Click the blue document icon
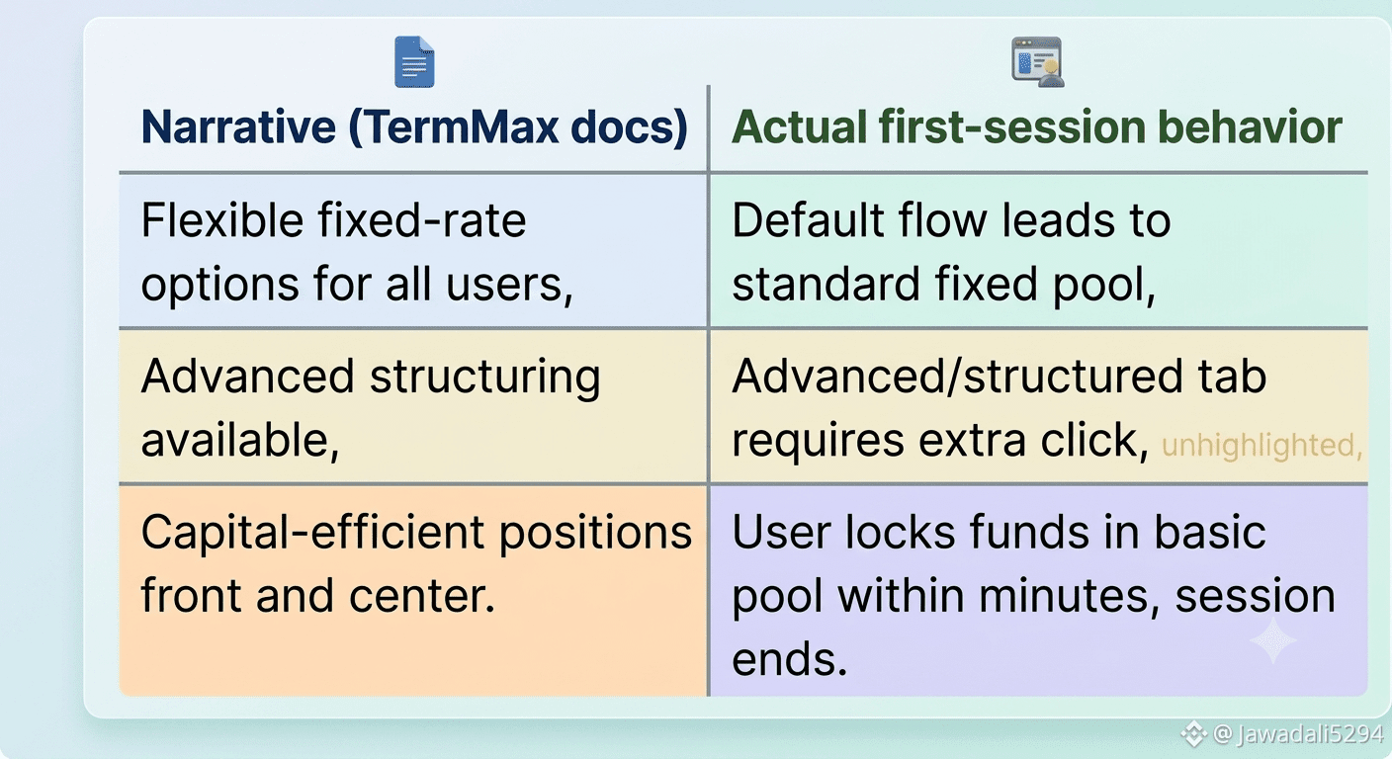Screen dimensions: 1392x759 [x=414, y=61]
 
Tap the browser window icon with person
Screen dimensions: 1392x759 [x=1037, y=61]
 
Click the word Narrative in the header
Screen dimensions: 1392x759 [x=238, y=126]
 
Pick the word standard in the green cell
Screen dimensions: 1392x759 [x=826, y=284]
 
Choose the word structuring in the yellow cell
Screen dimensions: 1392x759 [x=484, y=378]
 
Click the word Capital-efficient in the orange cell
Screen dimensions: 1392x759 [x=312, y=533]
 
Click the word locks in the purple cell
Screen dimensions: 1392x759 [x=900, y=533]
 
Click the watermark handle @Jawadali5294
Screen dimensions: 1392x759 [x=1298, y=734]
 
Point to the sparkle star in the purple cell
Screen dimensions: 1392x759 [x=1273, y=640]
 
